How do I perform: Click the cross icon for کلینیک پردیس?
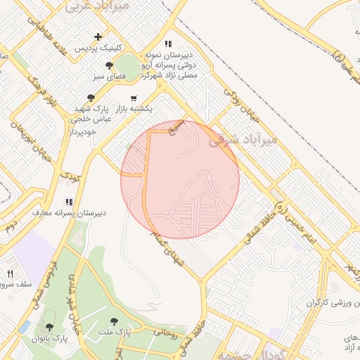point(98,37)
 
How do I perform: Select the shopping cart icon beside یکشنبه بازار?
point(134,98)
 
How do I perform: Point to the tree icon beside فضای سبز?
point(108,65)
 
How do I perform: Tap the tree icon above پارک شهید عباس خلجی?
point(90,98)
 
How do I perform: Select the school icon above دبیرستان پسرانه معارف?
point(68,201)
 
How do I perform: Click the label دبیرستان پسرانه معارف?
point(68,212)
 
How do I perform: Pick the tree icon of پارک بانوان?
point(49,327)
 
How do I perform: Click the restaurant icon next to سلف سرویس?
point(11,274)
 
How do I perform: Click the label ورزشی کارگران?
point(330,303)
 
